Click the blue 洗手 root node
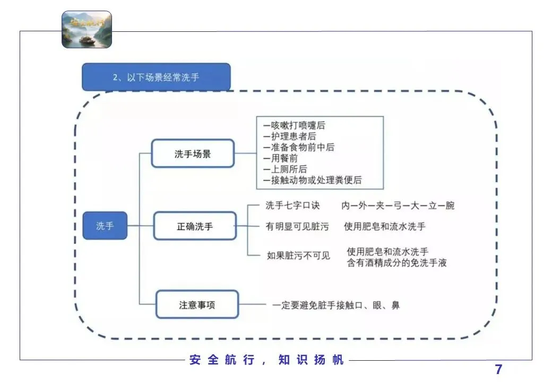(x=105, y=225)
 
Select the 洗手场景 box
(x=193, y=154)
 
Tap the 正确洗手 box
(x=195, y=226)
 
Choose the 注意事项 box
(x=197, y=305)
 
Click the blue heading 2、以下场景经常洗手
(x=156, y=77)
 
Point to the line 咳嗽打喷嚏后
(x=295, y=126)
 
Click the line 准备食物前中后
(x=299, y=147)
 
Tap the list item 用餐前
(x=281, y=158)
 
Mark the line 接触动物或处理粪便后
(x=313, y=180)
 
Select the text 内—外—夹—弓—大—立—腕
(x=398, y=205)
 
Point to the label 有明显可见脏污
(x=297, y=227)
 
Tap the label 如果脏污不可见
(x=298, y=256)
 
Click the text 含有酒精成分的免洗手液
(x=396, y=262)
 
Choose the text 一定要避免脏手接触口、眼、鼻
(x=336, y=305)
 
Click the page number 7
(x=498, y=369)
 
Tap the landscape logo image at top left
(x=87, y=29)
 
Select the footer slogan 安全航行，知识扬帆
(x=267, y=360)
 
